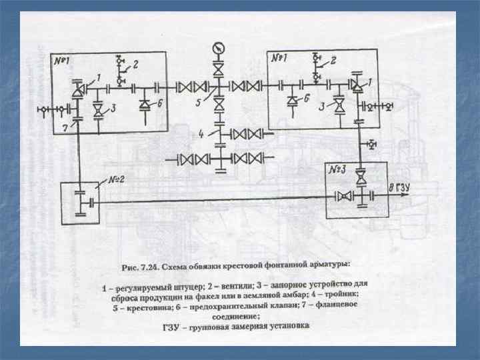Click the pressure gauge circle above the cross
[x=217, y=48]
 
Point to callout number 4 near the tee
[x=200, y=134]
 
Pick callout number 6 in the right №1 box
[x=306, y=97]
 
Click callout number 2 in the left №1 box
[x=135, y=65]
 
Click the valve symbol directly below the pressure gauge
[x=218, y=69]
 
